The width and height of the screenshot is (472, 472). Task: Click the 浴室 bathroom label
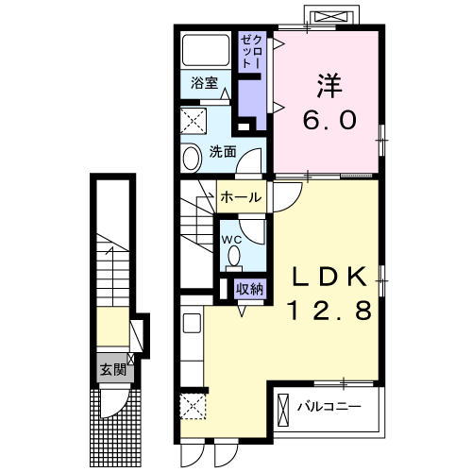[x=205, y=82]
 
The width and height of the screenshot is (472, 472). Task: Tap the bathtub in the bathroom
[x=205, y=52]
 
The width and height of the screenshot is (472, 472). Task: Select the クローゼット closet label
[x=251, y=53]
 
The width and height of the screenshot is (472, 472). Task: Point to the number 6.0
[x=328, y=121]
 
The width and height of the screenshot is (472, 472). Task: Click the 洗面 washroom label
[x=223, y=150]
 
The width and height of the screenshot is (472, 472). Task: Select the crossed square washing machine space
[x=196, y=121]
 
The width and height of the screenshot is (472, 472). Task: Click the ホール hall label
[x=242, y=197]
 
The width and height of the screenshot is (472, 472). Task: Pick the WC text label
[x=231, y=240]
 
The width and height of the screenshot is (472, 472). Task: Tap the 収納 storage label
[x=250, y=288]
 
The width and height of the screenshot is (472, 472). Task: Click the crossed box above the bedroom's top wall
[x=331, y=17]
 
